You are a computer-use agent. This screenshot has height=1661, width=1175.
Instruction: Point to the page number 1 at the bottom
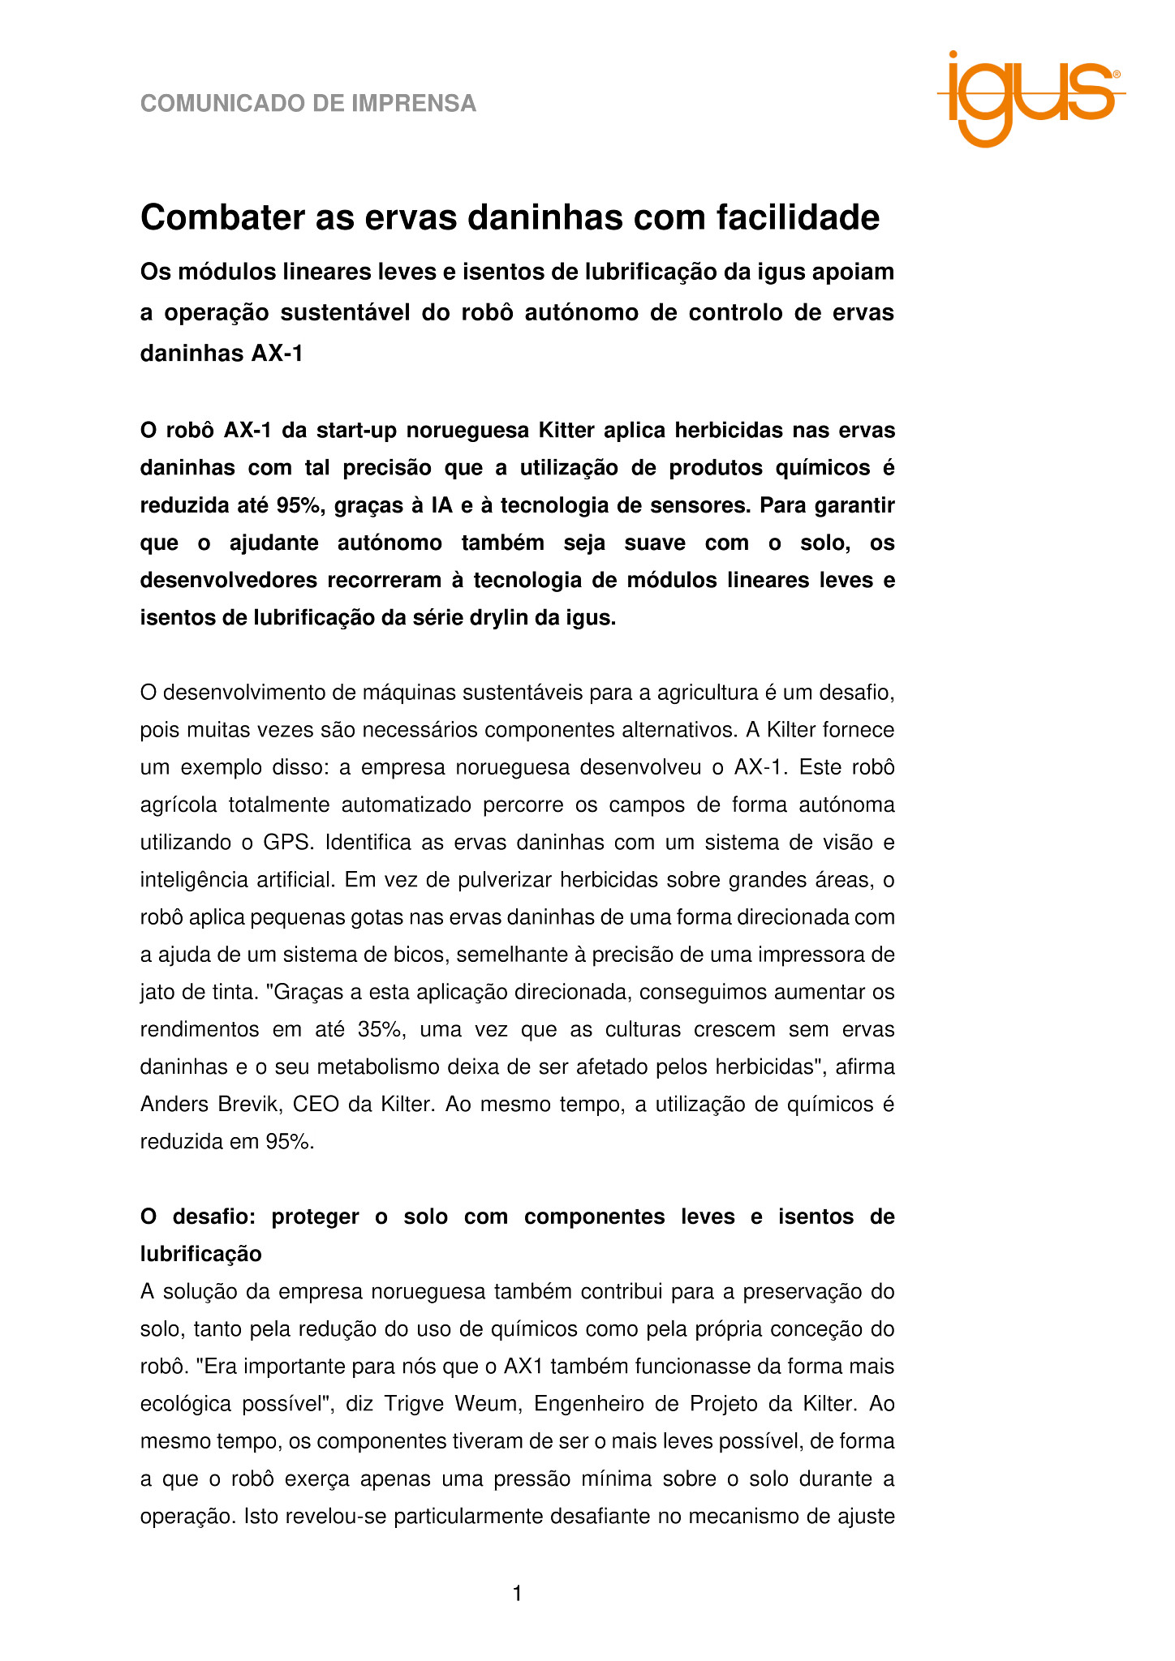coord(517,1594)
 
